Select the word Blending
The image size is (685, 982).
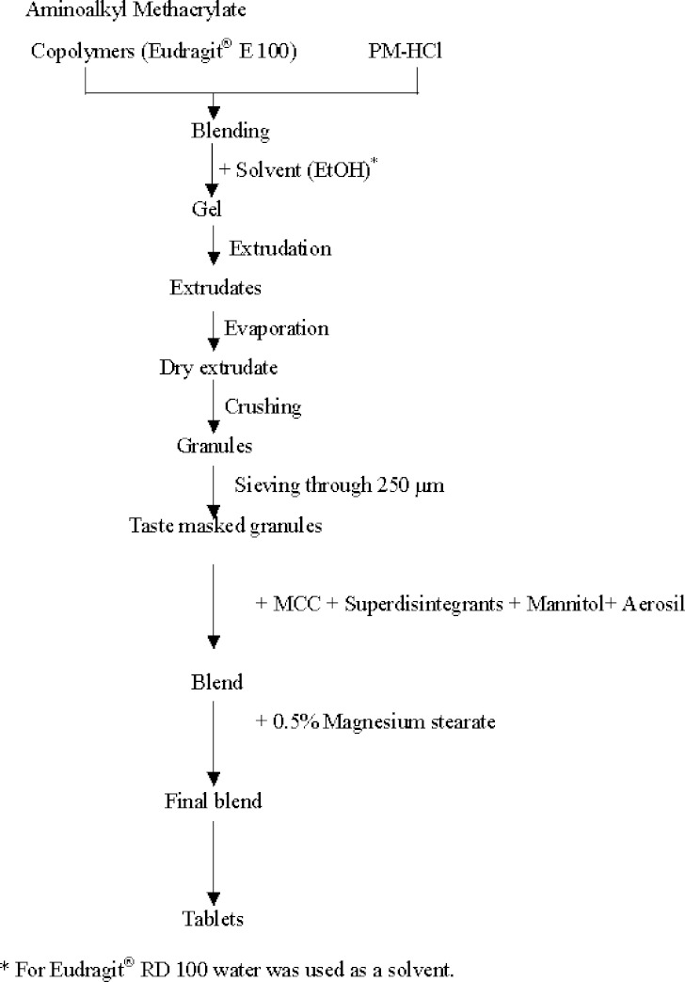[230, 130]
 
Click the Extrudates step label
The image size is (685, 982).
[215, 287]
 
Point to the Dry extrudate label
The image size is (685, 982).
[218, 366]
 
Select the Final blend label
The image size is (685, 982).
[213, 801]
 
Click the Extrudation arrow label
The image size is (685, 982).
[279, 248]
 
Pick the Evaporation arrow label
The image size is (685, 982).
[277, 328]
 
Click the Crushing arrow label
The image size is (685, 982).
[263, 406]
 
